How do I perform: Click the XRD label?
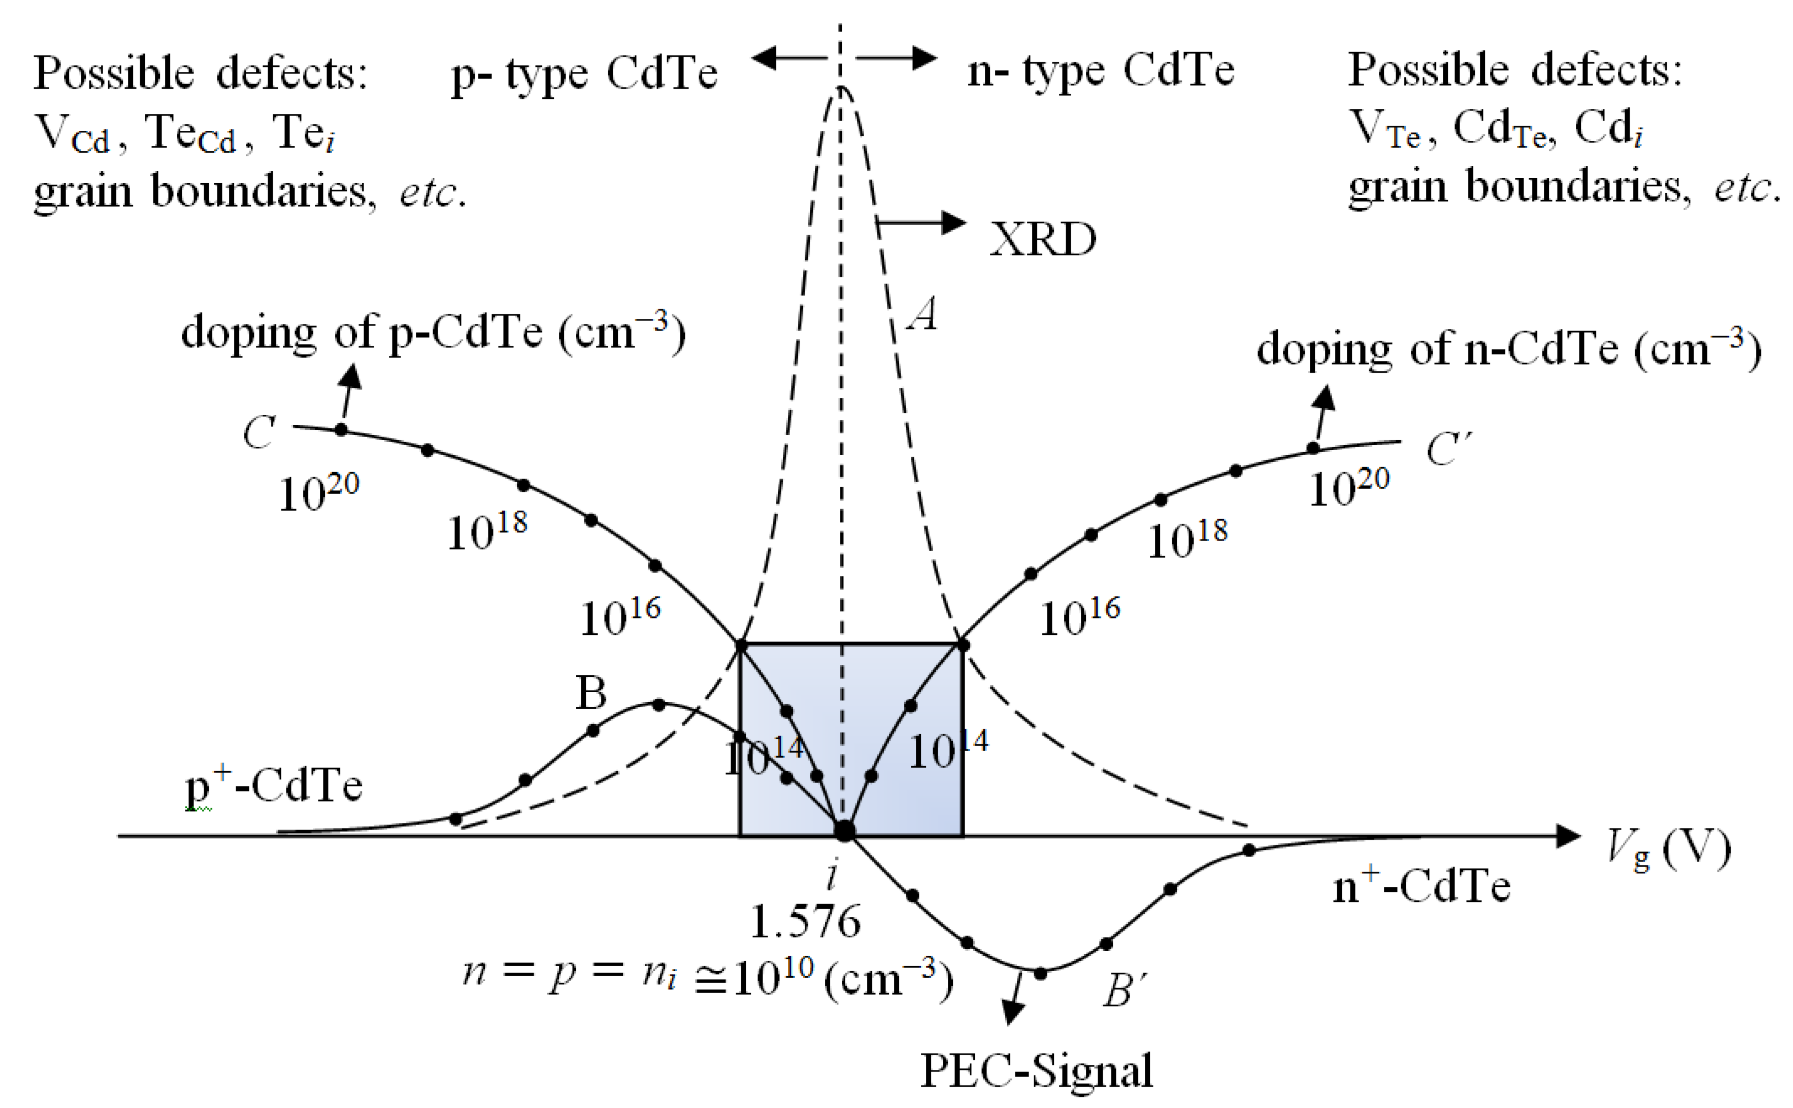1042,239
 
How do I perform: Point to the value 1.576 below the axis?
805,921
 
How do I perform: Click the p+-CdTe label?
273,786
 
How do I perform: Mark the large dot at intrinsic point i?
845,830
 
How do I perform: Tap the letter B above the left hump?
591,693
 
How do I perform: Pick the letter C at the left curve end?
259,432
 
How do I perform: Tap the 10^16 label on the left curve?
620,618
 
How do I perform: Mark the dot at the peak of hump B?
658,705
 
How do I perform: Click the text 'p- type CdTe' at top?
584,74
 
